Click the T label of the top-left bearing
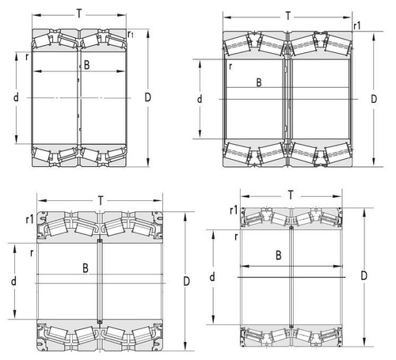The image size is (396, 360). tap(79, 13)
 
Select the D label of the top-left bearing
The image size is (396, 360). tap(147, 97)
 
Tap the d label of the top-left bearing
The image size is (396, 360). tap(16, 97)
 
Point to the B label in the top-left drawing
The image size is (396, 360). tap(86, 65)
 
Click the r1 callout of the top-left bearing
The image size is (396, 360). tap(131, 34)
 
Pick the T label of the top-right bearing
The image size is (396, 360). tap(288, 16)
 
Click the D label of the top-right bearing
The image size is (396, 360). tap(374, 99)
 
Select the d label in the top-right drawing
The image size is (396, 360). tap(200, 99)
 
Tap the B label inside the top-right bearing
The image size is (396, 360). tap(259, 82)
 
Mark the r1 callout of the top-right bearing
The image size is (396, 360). tap(357, 26)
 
